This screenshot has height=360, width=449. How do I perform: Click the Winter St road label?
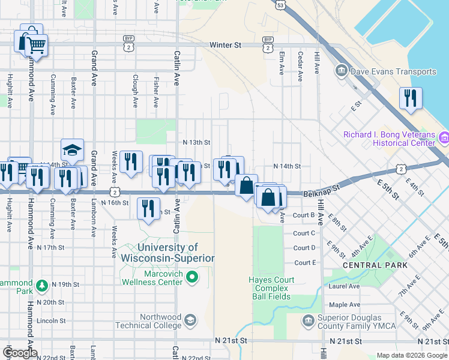[225, 45]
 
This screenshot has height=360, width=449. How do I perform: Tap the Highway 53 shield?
[281, 4]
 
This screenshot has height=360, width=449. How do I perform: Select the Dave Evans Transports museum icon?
[342, 71]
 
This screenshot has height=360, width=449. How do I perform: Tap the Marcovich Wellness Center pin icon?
[192, 277]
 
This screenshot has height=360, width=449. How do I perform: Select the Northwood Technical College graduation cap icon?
[190, 319]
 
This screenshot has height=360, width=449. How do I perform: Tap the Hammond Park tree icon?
[41, 284]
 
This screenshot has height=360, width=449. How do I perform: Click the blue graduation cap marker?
[72, 150]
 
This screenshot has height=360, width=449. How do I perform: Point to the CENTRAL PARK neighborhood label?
[370, 265]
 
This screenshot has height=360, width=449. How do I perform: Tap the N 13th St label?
[197, 143]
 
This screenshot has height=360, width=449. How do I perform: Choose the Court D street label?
[304, 248]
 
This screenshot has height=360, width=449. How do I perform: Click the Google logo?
[20, 353]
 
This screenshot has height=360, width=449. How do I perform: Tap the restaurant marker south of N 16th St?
[148, 208]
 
